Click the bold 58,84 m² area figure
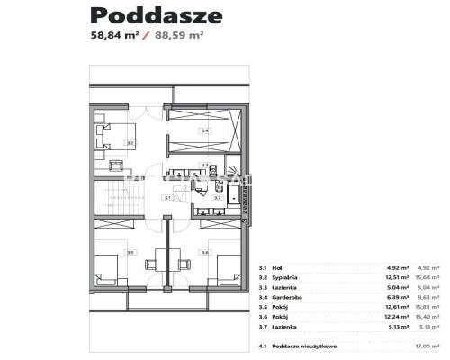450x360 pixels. coord(119,37)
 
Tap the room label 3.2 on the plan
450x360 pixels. coord(130,142)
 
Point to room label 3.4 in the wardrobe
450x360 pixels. coord(205,131)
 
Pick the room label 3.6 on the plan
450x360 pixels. coord(205,252)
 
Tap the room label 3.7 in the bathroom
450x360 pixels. coord(217,197)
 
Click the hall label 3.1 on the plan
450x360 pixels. coord(167,197)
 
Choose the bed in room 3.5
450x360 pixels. coord(105,266)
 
